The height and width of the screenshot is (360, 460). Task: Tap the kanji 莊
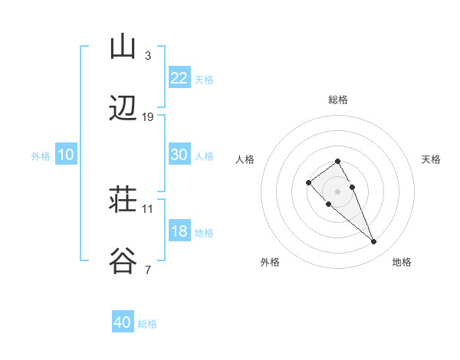pyautogui.click(x=123, y=201)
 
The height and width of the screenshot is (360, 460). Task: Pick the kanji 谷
pyautogui.click(x=123, y=261)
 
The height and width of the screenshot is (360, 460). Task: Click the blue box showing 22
pyautogui.click(x=179, y=78)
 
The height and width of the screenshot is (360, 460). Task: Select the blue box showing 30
pyautogui.click(x=179, y=155)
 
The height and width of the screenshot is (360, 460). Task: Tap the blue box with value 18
pyautogui.click(x=179, y=231)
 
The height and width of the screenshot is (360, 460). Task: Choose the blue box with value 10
pyautogui.click(x=66, y=155)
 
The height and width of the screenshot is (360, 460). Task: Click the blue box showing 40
pyautogui.click(x=123, y=322)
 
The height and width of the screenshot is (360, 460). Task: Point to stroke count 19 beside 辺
pyautogui.click(x=148, y=117)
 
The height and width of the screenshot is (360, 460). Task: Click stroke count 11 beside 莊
pyautogui.click(x=148, y=208)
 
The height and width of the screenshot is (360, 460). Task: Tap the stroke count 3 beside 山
pyautogui.click(x=147, y=56)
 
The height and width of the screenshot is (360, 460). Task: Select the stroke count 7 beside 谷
pyautogui.click(x=147, y=270)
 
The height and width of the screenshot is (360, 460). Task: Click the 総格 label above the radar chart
pyautogui.click(x=338, y=100)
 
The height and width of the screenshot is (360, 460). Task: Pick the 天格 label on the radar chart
pyautogui.click(x=431, y=159)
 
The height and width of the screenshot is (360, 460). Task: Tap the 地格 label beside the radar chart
pyautogui.click(x=402, y=262)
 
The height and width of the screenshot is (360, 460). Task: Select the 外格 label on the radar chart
pyautogui.click(x=270, y=262)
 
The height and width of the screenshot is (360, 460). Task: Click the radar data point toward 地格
pyautogui.click(x=373, y=242)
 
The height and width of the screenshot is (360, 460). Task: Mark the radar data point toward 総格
pyautogui.click(x=337, y=161)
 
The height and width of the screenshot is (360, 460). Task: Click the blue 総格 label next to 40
pyautogui.click(x=147, y=324)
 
